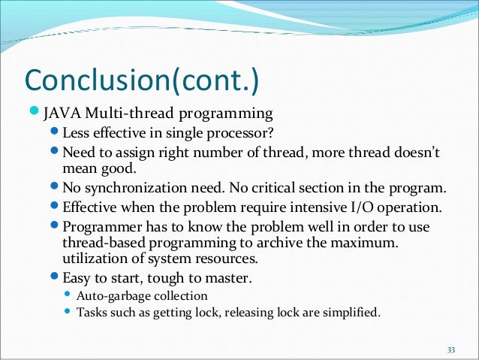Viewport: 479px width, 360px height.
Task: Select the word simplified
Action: pos(354,313)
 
